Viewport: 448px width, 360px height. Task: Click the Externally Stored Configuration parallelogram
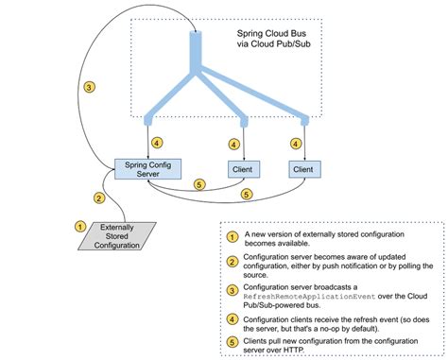coord(114,234)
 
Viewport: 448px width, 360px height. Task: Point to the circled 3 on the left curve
coord(88,88)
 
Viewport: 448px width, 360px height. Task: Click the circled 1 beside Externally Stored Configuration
coord(80,225)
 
